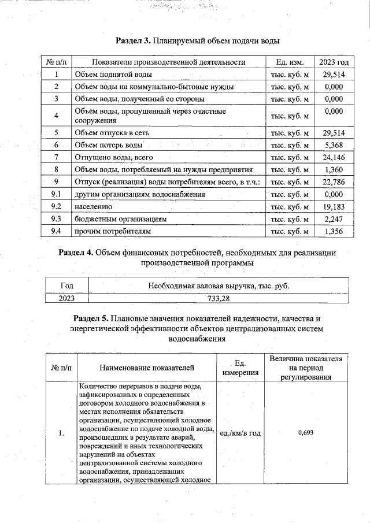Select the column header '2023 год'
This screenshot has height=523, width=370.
[x=334, y=62]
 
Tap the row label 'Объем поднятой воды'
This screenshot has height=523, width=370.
[x=113, y=75]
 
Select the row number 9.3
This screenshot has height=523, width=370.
[x=56, y=219]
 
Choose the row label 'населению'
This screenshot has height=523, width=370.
[x=93, y=206]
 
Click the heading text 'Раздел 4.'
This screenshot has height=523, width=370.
[x=76, y=253]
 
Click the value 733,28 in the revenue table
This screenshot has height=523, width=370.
[x=218, y=298]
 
